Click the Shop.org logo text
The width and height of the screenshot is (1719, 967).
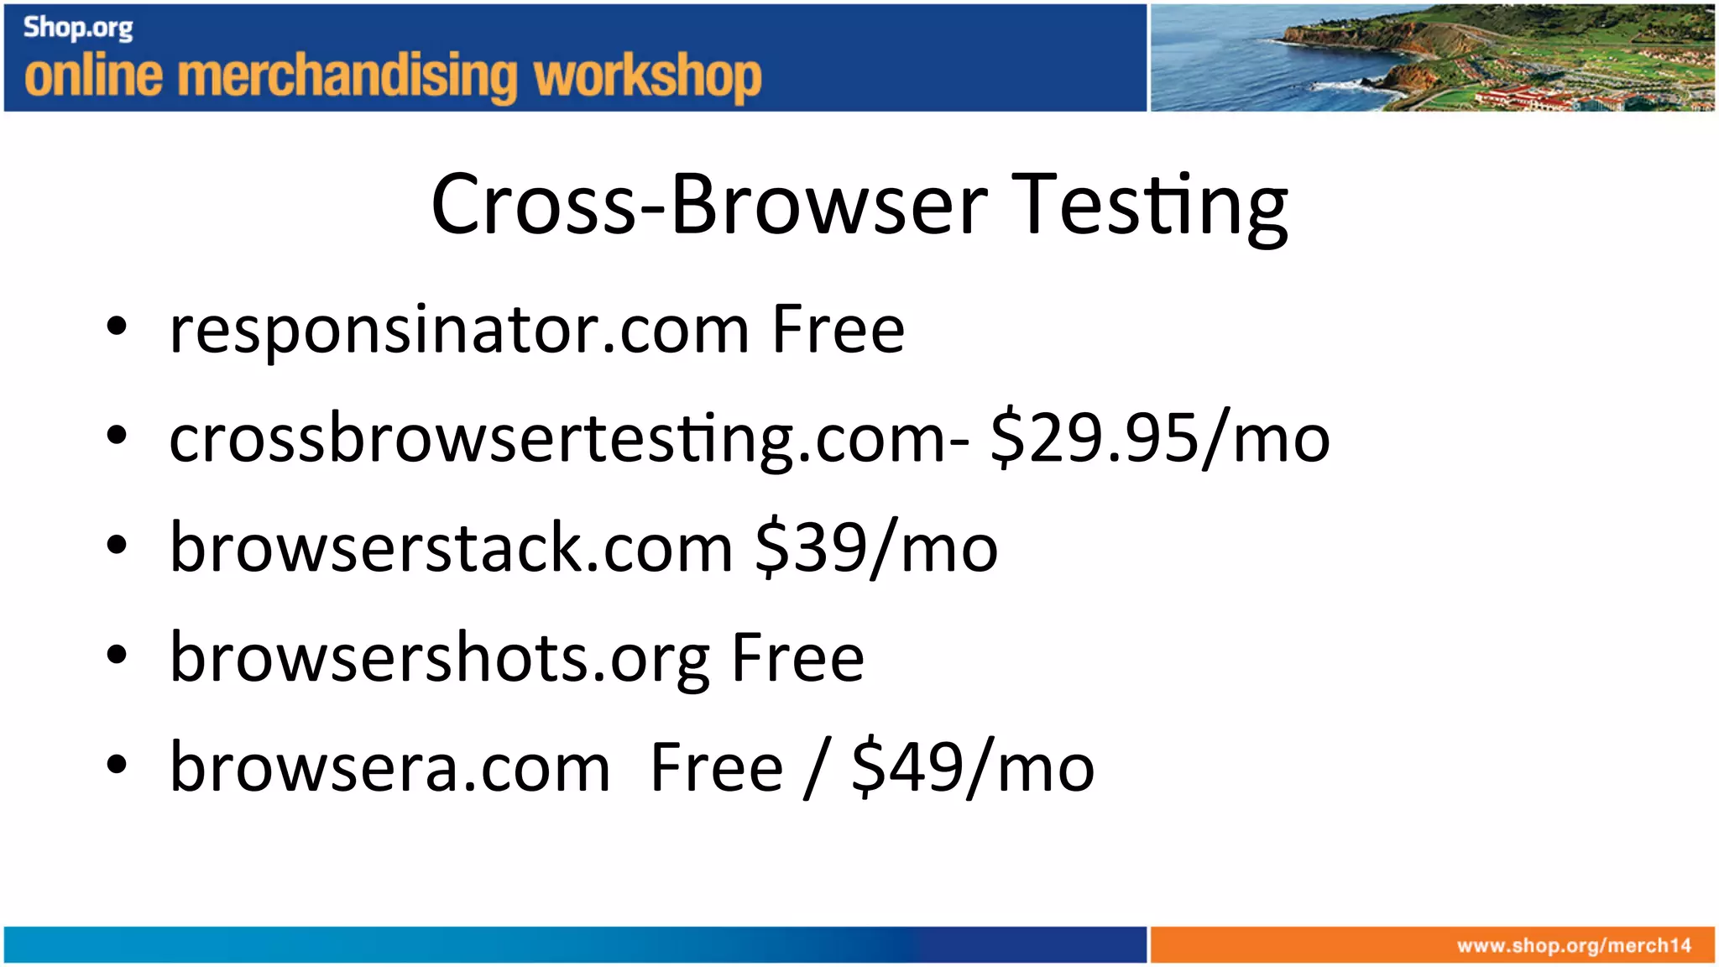(78, 28)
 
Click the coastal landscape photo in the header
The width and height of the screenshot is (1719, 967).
(1432, 57)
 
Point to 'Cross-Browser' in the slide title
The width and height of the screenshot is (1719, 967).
(709, 204)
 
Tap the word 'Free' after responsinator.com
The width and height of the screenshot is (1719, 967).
(838, 329)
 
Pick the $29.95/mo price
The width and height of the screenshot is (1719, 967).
(1160, 439)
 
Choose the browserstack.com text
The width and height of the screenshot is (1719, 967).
(452, 548)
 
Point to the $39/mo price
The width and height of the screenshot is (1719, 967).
(876, 548)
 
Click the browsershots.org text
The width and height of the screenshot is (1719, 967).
(441, 658)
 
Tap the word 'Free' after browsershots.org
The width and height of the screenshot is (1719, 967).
(797, 658)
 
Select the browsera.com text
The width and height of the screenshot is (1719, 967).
(390, 767)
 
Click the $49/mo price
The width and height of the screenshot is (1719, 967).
(973, 767)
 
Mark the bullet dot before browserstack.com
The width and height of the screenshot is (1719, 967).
(117, 546)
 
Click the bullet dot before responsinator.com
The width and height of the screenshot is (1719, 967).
(117, 327)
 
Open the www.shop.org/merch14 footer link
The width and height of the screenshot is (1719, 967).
(1574, 946)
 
